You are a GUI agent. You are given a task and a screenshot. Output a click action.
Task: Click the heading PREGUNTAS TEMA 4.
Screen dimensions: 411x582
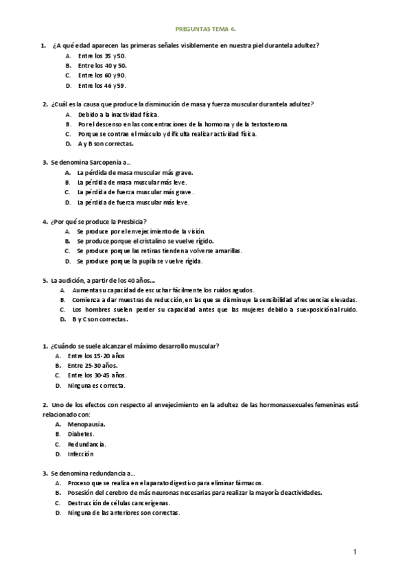pyautogui.click(x=206, y=30)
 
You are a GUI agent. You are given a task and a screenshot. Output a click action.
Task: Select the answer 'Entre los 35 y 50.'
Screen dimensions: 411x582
pyautogui.click(x=102, y=56)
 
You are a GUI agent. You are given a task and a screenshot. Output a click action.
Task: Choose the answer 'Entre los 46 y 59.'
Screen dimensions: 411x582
pyautogui.click(x=102, y=86)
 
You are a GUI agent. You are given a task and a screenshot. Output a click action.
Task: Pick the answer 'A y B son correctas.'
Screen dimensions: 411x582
pyautogui.click(x=106, y=144)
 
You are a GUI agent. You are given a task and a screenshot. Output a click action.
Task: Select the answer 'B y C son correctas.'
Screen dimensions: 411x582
pyautogui.click(x=99, y=321)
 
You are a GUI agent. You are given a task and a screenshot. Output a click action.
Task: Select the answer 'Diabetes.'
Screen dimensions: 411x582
pyautogui.click(x=81, y=434)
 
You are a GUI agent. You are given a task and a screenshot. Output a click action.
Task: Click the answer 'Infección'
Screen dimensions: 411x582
pyautogui.click(x=81, y=454)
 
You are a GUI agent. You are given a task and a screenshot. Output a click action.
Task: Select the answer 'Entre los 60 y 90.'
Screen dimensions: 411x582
pyautogui.click(x=102, y=75)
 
